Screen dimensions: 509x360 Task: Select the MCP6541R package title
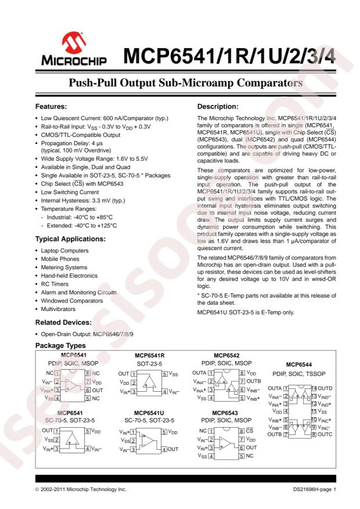pyautogui.click(x=149, y=354)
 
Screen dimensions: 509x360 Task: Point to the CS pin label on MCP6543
pyautogui.click(x=250, y=431)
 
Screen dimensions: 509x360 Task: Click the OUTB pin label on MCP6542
pyautogui.click(x=254, y=381)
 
